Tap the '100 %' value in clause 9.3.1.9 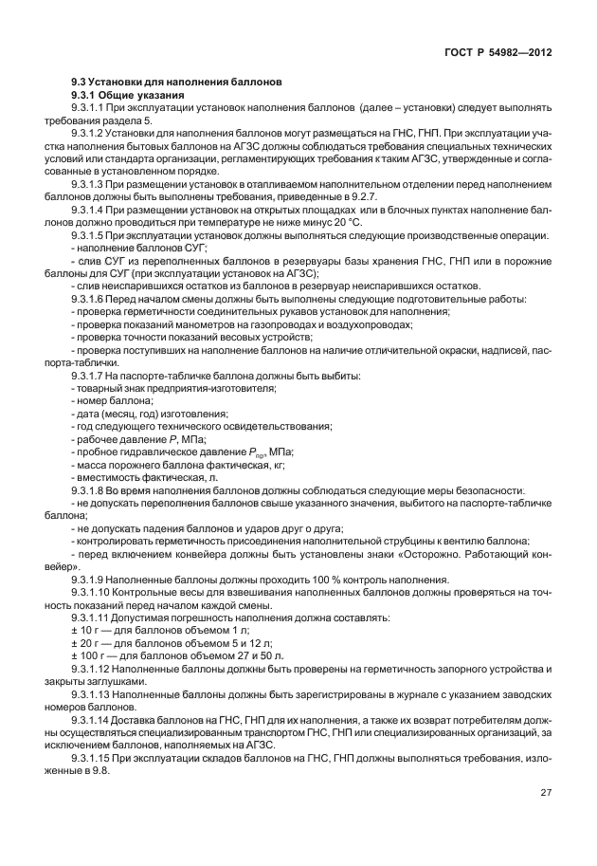click(x=312, y=580)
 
